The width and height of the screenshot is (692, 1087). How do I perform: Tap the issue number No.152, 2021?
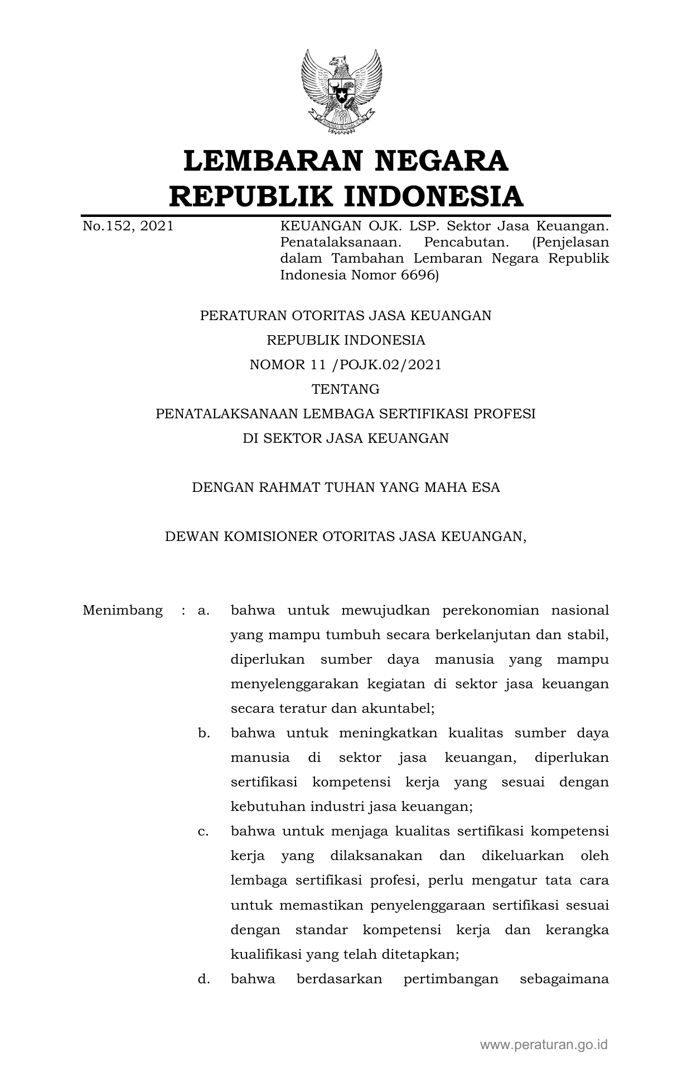tap(128, 226)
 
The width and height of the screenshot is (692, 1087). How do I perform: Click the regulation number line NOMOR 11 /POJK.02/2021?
tap(346, 365)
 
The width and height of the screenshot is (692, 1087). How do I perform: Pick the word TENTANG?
tap(346, 389)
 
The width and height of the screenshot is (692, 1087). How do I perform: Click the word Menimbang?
tap(123, 610)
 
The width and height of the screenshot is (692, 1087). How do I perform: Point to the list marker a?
tap(203, 611)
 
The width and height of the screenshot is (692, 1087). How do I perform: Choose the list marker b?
tap(204, 733)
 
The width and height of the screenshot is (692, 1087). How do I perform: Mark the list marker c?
tap(203, 832)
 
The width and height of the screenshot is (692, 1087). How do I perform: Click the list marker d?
tap(204, 979)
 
